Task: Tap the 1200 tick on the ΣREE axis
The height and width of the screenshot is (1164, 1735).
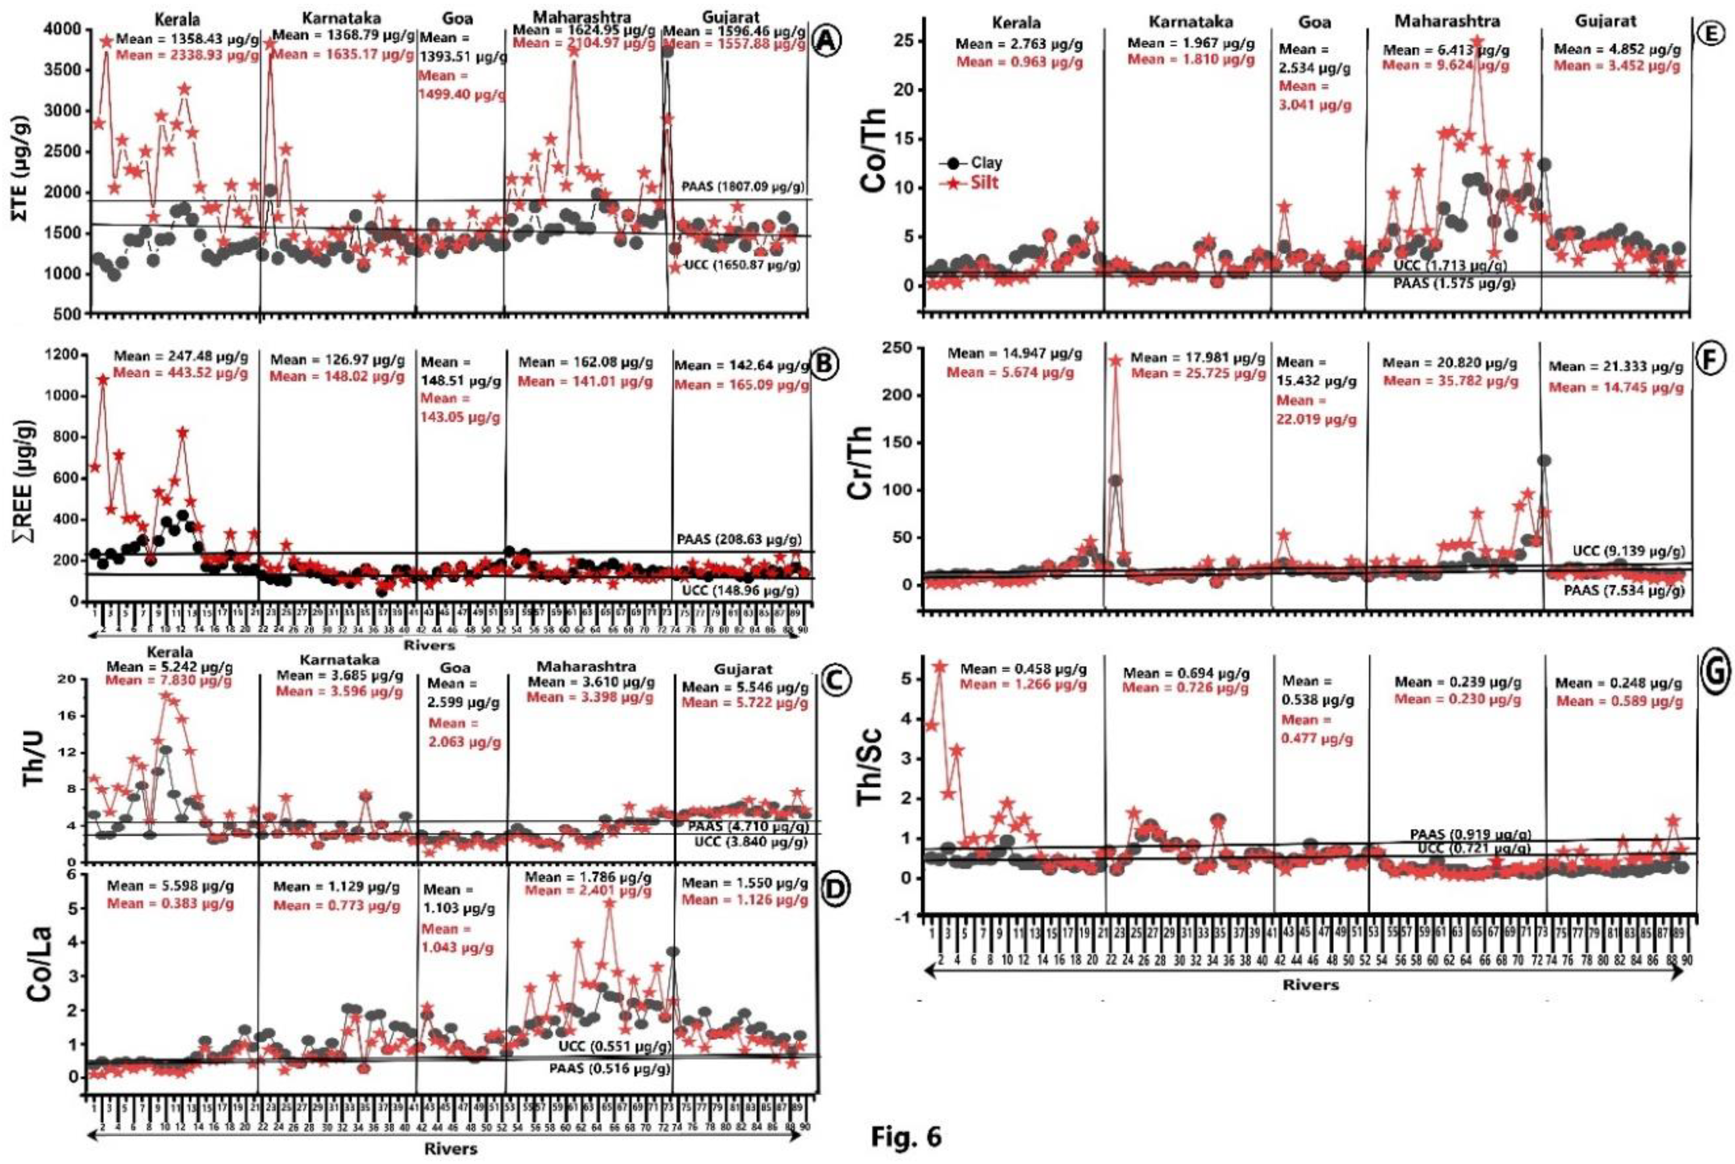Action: coord(61,355)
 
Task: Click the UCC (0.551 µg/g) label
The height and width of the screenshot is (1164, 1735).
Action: coord(614,1047)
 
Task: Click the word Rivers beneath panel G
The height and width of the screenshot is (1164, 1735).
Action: coord(1310,985)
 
